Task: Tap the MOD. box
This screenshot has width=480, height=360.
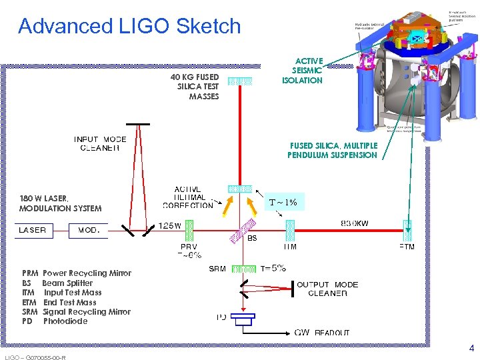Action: pyautogui.click(x=88, y=230)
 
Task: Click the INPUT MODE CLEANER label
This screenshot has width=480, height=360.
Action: pyautogui.click(x=100, y=143)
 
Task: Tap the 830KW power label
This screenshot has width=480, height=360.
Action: pyautogui.click(x=355, y=224)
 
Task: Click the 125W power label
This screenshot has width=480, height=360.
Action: pyautogui.click(x=169, y=225)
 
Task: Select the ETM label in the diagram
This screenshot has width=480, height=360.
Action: pyautogui.click(x=407, y=247)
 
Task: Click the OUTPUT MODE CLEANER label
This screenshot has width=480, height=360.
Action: pyautogui.click(x=327, y=289)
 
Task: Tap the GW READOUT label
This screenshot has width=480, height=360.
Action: pyautogui.click(x=323, y=332)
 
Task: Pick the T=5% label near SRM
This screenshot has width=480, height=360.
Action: pyautogui.click(x=273, y=268)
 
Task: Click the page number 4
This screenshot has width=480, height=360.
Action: pyautogui.click(x=471, y=348)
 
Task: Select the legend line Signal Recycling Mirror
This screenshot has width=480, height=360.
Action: pyautogui.click(x=77, y=311)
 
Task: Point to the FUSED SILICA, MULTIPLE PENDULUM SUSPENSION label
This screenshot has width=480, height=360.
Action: pyautogui.click(x=333, y=150)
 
